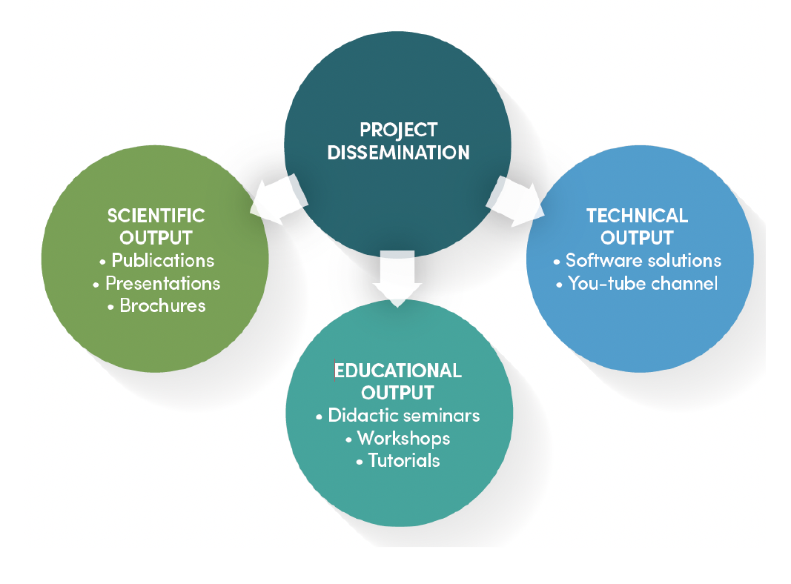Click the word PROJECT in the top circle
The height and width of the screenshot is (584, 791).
pyautogui.click(x=398, y=130)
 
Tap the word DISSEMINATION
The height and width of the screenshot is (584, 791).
pyautogui.click(x=398, y=153)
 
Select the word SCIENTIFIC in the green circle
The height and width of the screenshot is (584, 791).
pyautogui.click(x=156, y=216)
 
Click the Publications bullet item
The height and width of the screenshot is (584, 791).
pyautogui.click(x=162, y=261)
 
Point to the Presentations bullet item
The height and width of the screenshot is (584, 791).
pyautogui.click(x=162, y=283)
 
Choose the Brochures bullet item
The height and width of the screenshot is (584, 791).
pyautogui.click(x=162, y=305)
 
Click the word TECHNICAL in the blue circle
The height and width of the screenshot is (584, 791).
pyautogui.click(x=637, y=216)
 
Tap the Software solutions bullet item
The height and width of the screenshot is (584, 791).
pyautogui.click(x=643, y=261)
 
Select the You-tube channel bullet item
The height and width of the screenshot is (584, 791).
pyautogui.click(x=643, y=283)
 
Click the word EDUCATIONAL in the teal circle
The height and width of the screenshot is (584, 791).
pyautogui.click(x=398, y=370)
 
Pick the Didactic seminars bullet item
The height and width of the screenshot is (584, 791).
pyautogui.click(x=404, y=415)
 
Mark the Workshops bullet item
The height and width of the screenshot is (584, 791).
pyautogui.click(x=403, y=438)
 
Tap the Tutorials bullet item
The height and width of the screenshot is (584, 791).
pyautogui.click(x=404, y=460)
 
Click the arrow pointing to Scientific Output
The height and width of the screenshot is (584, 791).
pyautogui.click(x=276, y=198)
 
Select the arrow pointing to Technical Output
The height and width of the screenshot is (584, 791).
pyautogui.click(x=517, y=199)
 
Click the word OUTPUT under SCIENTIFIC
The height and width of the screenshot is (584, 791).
pyautogui.click(x=156, y=238)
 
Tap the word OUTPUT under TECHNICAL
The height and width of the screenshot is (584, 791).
pyautogui.click(x=637, y=238)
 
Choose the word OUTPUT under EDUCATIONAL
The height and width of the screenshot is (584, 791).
pyautogui.click(x=398, y=392)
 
